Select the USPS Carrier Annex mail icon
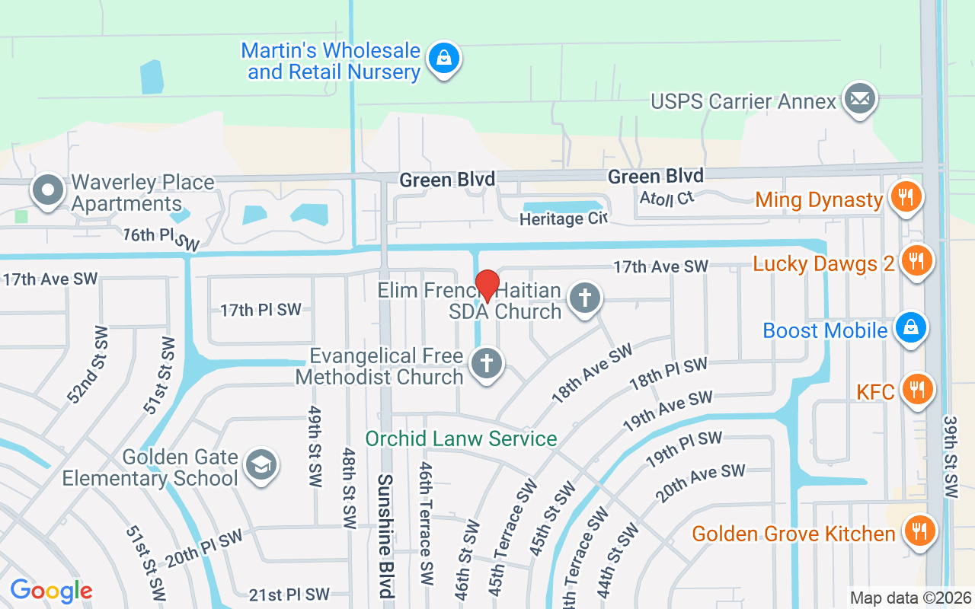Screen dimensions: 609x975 860,100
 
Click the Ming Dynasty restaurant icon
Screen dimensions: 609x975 905,199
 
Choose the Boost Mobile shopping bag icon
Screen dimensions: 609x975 909,329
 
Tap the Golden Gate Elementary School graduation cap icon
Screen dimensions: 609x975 261,465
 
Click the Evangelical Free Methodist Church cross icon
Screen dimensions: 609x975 486,364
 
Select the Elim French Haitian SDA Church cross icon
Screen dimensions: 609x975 584,298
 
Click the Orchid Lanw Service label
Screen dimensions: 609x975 461,438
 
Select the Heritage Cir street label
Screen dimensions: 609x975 563,219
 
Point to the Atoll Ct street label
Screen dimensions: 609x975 667,196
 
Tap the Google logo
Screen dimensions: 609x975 51,591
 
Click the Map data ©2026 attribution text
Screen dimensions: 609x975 911,598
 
